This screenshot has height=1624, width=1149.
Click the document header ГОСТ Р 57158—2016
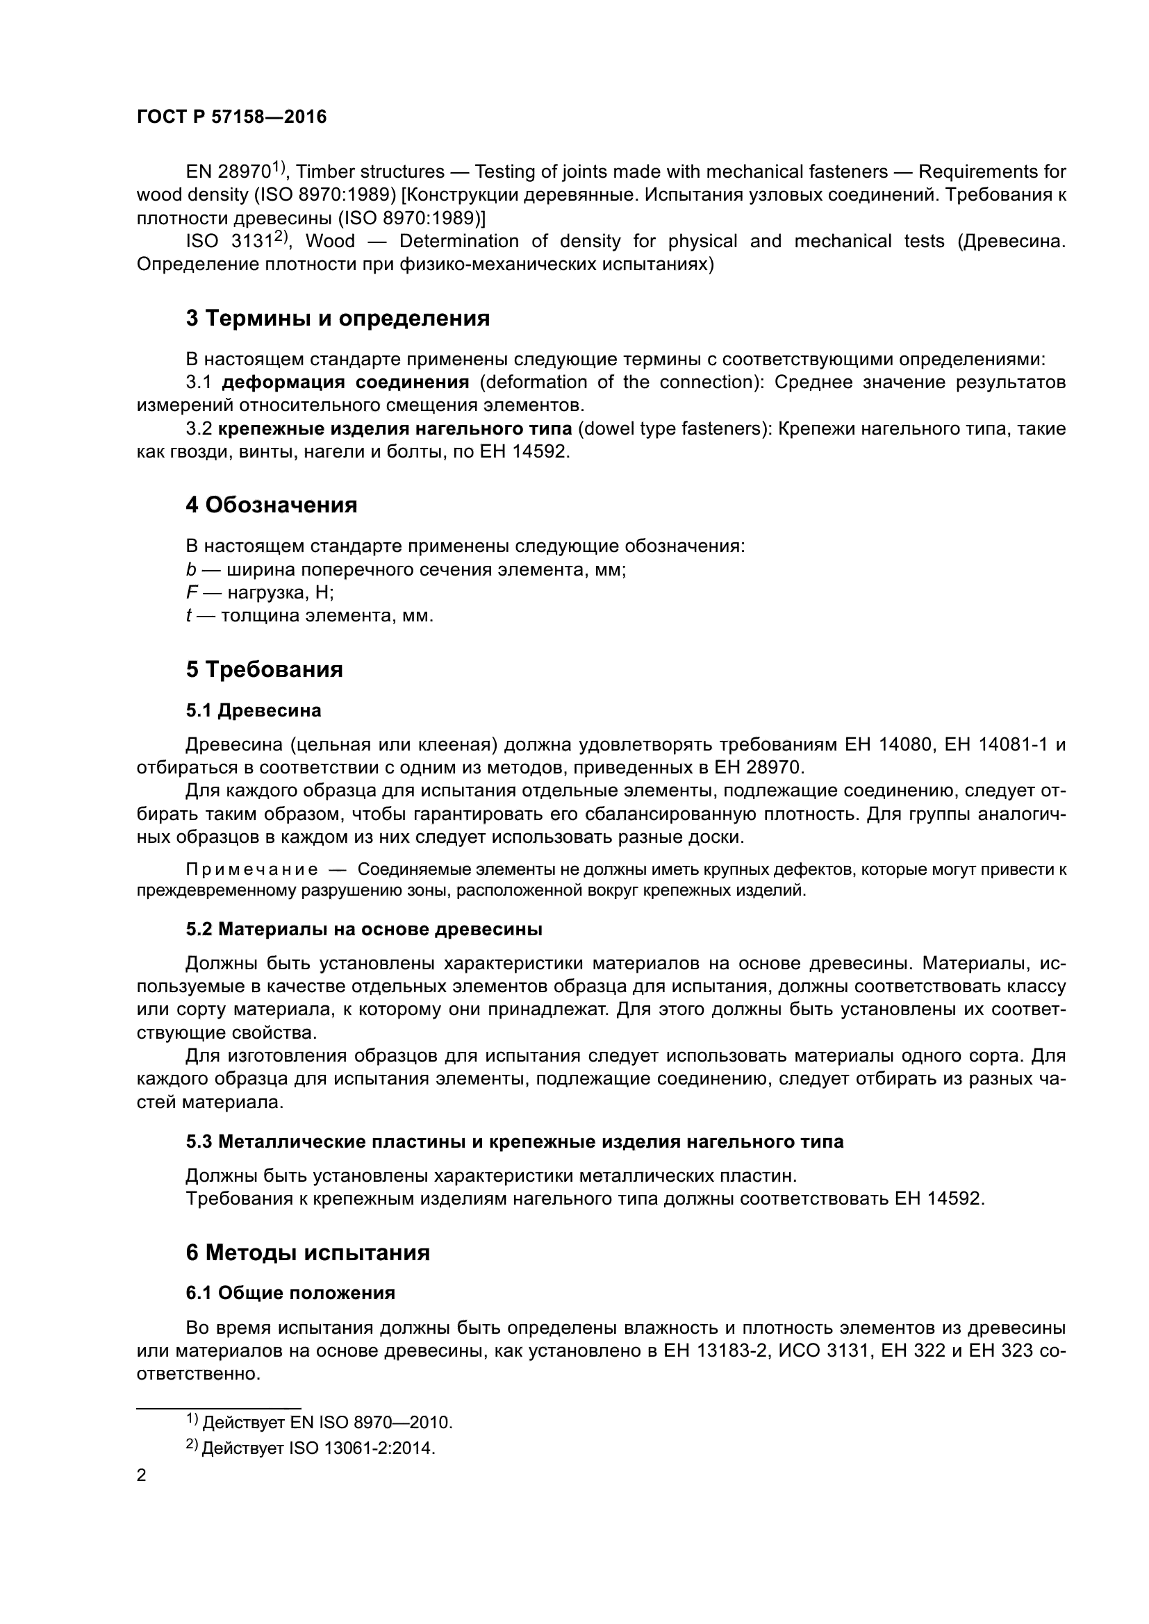pyautogui.click(x=231, y=117)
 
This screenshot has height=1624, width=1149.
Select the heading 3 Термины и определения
pyautogui.click(x=338, y=318)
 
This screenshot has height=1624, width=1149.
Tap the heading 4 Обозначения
pyautogui.click(x=271, y=505)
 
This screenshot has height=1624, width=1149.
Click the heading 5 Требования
pyautogui.click(x=264, y=669)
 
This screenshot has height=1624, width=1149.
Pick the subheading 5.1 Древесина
pyautogui.click(x=254, y=710)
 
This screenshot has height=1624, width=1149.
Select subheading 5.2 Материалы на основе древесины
pyautogui.click(x=363, y=930)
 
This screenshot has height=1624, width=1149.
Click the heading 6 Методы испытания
pyautogui.click(x=308, y=1253)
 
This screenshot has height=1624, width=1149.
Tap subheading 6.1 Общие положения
pyautogui.click(x=290, y=1293)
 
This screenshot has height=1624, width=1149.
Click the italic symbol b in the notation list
pyautogui.click(x=190, y=569)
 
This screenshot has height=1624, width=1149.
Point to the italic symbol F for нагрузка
pyautogui.click(x=190, y=593)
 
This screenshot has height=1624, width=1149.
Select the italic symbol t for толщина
pyautogui.click(x=189, y=615)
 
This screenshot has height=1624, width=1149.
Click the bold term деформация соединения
pyautogui.click(x=345, y=383)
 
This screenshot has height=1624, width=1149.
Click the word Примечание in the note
pyautogui.click(x=251, y=869)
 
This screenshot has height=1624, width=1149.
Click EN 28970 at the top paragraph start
pyautogui.click(x=229, y=172)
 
